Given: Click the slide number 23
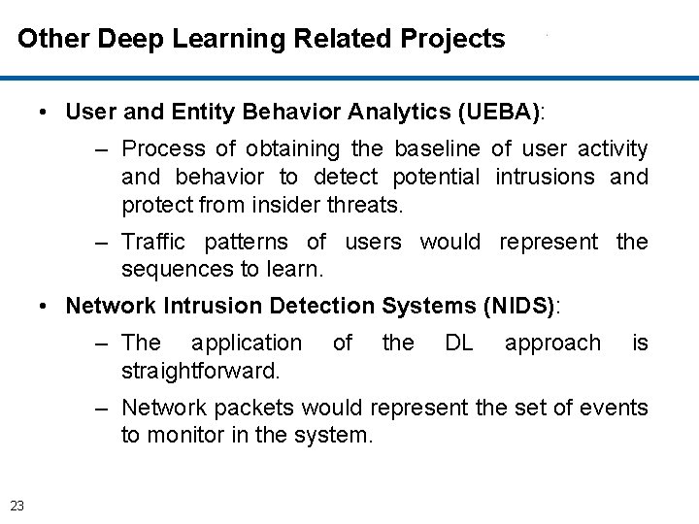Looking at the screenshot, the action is [x=17, y=503].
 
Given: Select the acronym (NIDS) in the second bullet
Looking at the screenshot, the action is [x=519, y=306].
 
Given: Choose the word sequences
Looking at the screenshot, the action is [x=172, y=269].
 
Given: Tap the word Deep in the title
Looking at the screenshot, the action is [x=131, y=39].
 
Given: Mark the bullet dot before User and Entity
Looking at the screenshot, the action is [x=46, y=113].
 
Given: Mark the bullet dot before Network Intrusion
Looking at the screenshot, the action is [x=46, y=307].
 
